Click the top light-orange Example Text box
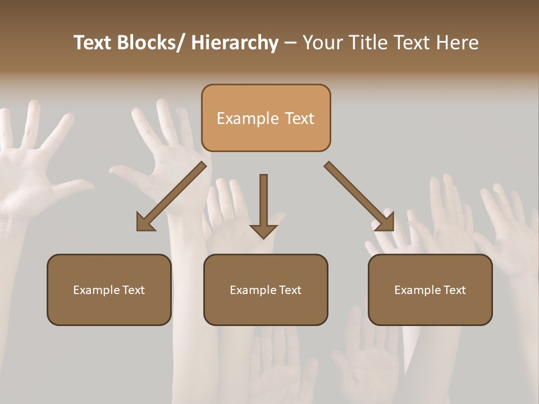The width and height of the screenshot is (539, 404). click(x=266, y=118)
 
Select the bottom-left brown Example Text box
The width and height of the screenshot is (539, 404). click(x=109, y=290)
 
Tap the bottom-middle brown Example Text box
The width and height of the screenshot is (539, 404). click(x=266, y=290)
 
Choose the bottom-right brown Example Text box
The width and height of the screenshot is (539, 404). click(x=430, y=290)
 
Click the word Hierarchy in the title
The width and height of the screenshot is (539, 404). click(x=234, y=43)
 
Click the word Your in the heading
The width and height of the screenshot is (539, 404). click(x=321, y=43)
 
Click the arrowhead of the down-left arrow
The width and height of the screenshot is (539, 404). click(x=145, y=223)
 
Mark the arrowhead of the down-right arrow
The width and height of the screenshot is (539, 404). click(x=385, y=222)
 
